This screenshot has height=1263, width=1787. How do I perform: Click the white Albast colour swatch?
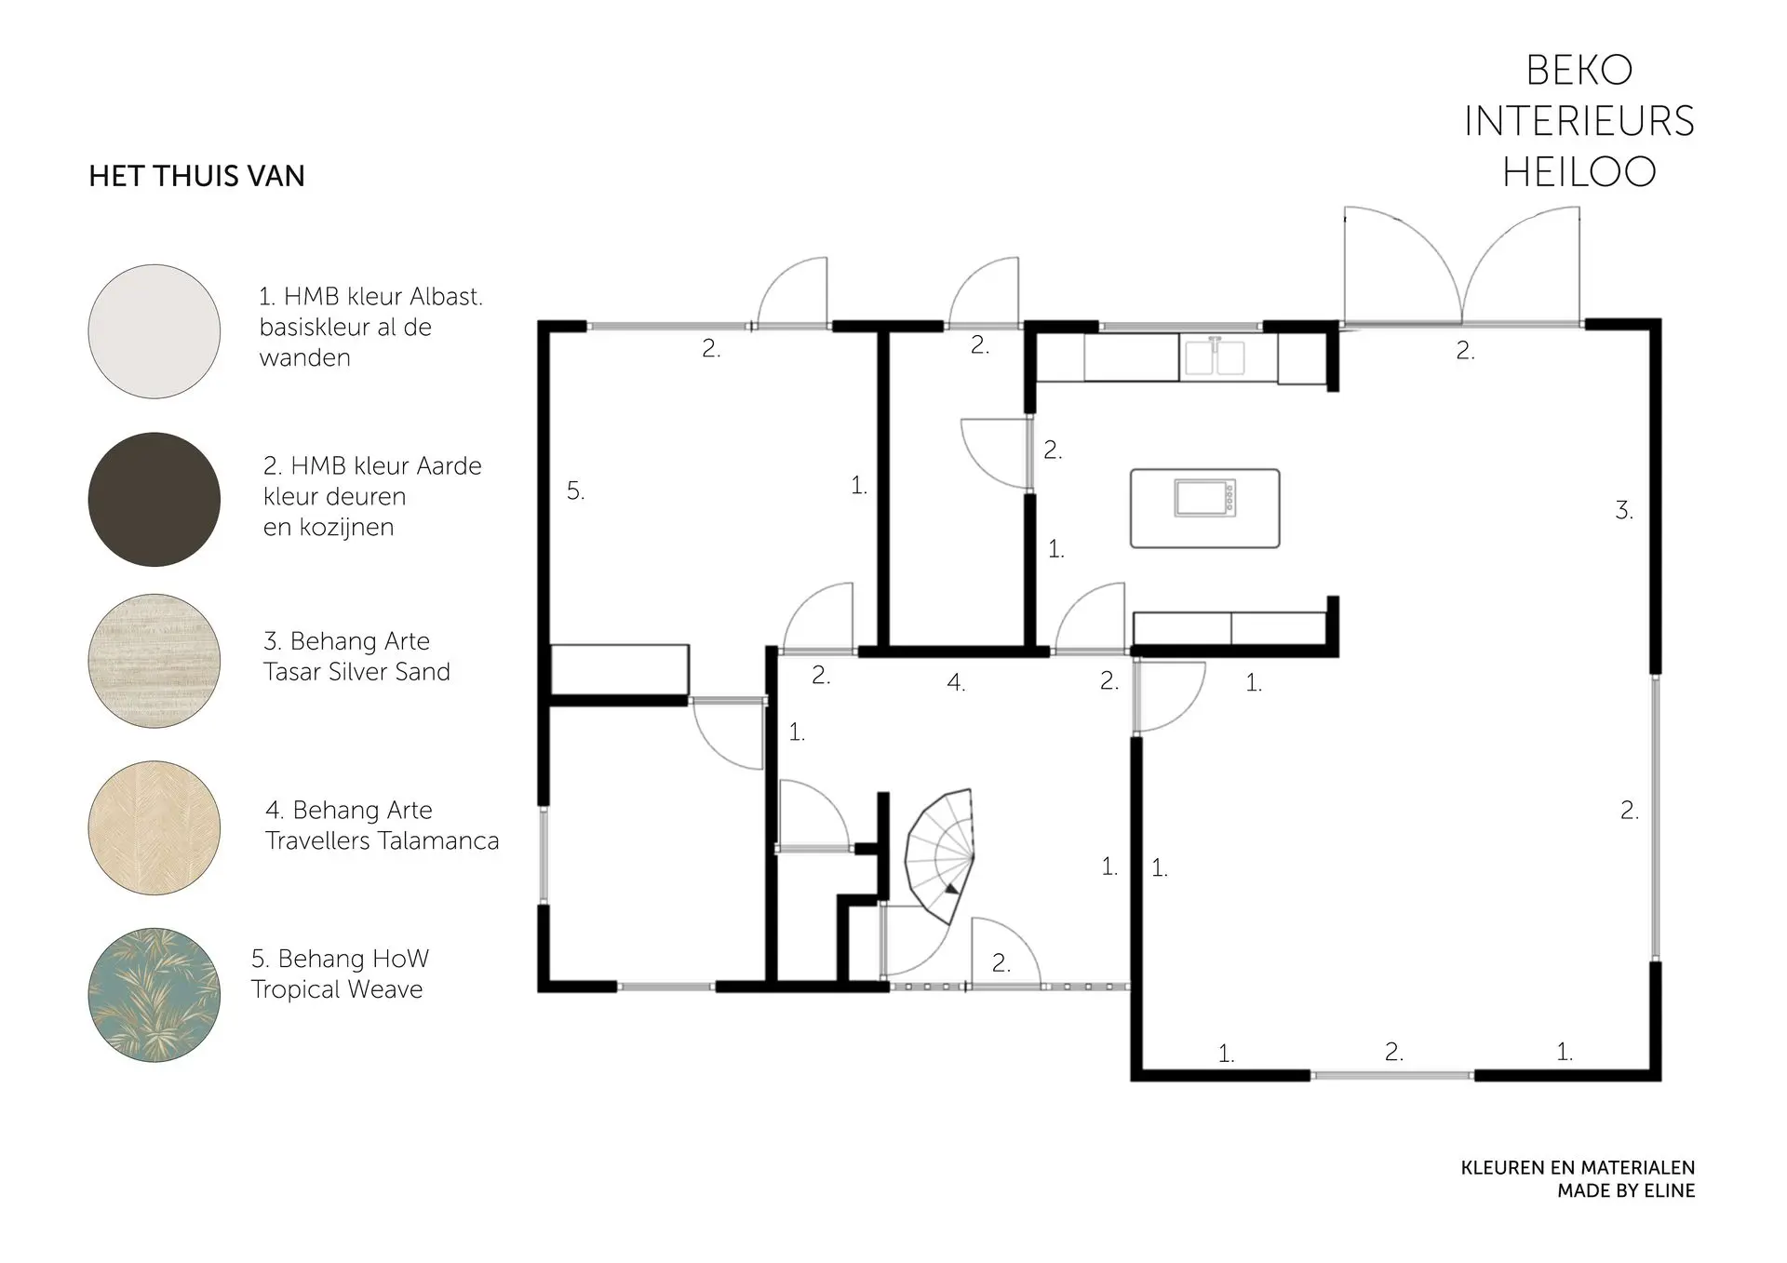click(x=155, y=331)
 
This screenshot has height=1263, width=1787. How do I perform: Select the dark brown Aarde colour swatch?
click(x=155, y=499)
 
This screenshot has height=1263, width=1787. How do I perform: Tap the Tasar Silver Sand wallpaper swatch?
click(x=155, y=661)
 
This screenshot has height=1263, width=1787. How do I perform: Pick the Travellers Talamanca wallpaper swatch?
click(x=155, y=828)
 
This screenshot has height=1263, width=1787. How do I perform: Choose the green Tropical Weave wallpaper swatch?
click(x=155, y=994)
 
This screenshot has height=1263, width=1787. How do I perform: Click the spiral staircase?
click(x=940, y=856)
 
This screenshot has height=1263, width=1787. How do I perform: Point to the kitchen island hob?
click(x=1205, y=498)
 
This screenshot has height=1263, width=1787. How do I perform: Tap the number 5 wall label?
click(x=576, y=490)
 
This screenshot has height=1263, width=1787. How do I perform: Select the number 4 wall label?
click(x=956, y=682)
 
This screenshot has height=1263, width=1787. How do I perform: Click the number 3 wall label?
click(x=1624, y=510)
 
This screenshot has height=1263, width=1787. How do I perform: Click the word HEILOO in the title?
click(x=1579, y=171)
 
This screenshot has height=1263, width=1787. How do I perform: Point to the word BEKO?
click(x=1579, y=70)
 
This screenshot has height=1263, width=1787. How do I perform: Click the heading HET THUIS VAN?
click(x=196, y=176)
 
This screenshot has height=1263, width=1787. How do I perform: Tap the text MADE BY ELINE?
click(x=1626, y=1190)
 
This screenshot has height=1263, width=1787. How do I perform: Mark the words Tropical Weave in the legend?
click(x=337, y=989)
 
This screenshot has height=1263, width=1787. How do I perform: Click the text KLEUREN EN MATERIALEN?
click(x=1578, y=1167)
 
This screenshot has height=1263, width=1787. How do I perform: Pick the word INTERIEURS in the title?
click(x=1579, y=121)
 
